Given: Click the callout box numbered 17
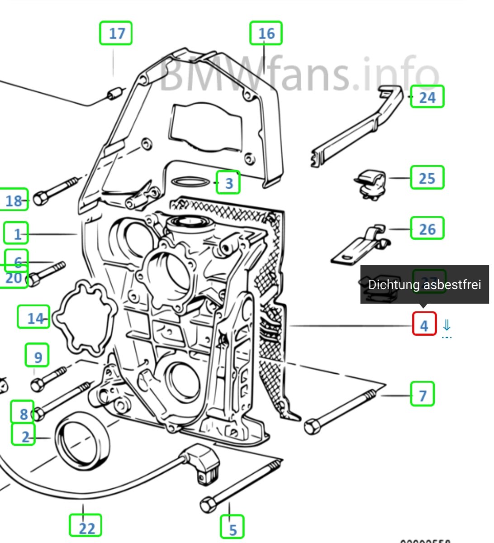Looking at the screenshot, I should (x=116, y=33).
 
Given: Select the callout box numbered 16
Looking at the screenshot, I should (x=266, y=33).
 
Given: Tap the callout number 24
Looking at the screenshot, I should (x=427, y=97).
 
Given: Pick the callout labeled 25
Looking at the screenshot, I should (x=427, y=178).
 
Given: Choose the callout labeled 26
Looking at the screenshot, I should (x=427, y=229).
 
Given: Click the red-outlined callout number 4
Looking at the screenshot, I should (x=424, y=324).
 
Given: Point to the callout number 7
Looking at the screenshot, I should (x=423, y=394).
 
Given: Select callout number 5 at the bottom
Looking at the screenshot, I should (x=232, y=527).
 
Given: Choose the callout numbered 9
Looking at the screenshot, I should (x=38, y=356).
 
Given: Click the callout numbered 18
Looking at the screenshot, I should (x=14, y=200).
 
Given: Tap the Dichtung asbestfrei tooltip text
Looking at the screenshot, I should (x=424, y=285).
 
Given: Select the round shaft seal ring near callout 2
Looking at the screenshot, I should (x=82, y=441).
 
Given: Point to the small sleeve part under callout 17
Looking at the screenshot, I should (x=115, y=93).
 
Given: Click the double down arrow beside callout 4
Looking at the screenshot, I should (x=446, y=325).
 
